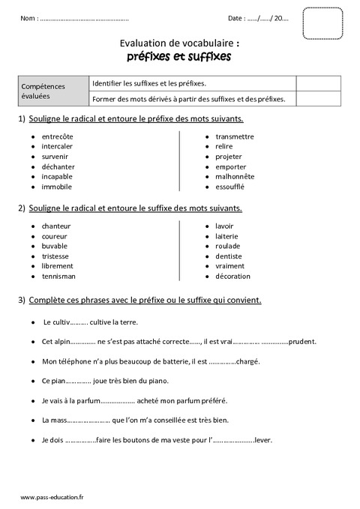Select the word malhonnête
pos(235,176)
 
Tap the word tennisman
pos(58,276)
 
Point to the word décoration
pos(232,276)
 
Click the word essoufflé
pos(230,187)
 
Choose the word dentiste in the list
pos(229,256)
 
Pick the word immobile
pos(57,187)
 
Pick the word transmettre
pos(235,136)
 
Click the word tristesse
pos(56,256)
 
